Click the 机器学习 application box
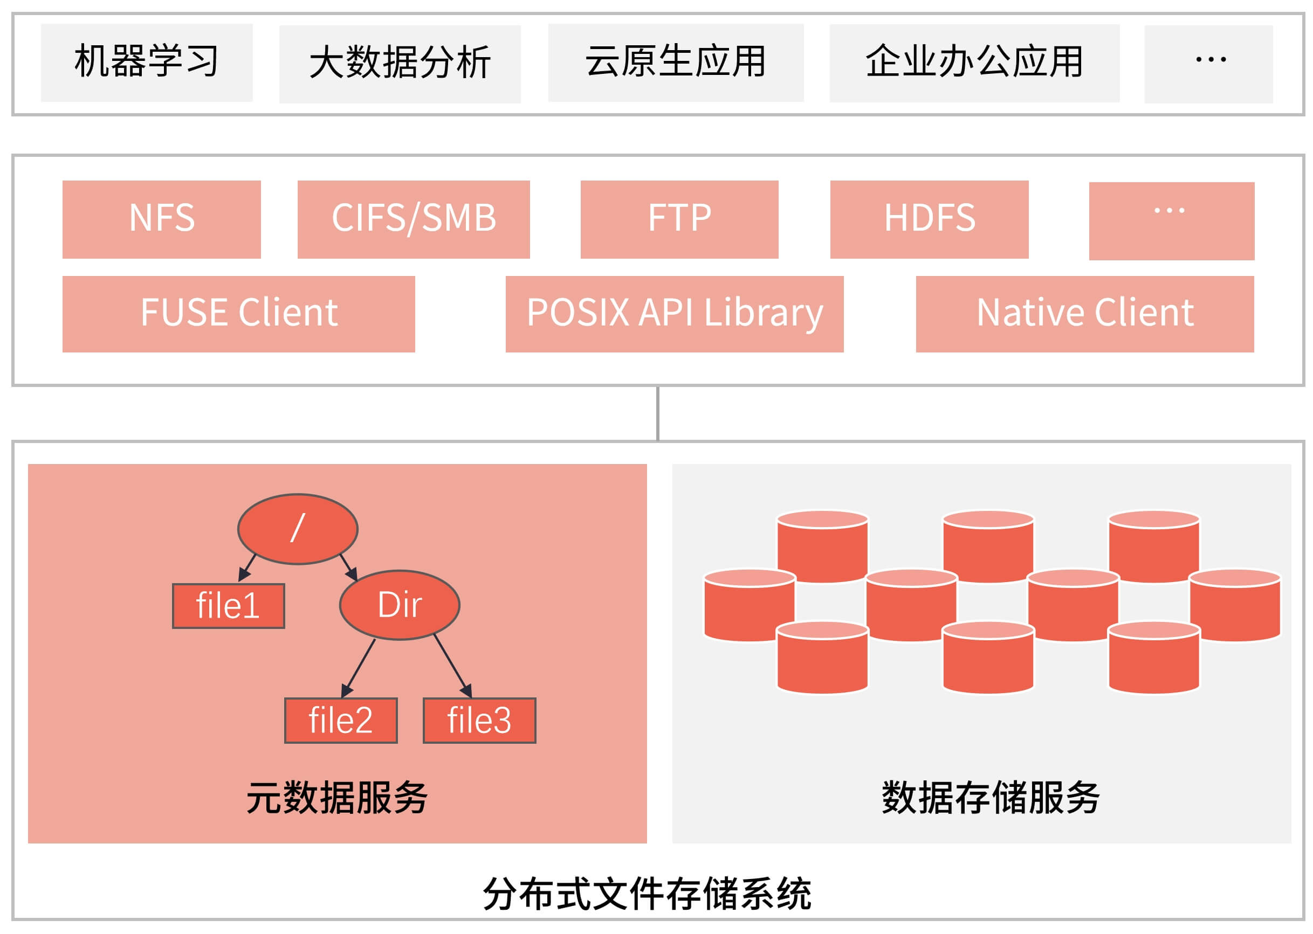pos(146,62)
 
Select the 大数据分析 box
pos(400,63)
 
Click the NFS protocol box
pos(161,219)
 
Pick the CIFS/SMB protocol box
pos(413,219)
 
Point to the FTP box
pos(679,219)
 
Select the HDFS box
pos(929,219)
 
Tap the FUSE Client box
pos(238,314)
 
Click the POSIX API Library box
pos(674,314)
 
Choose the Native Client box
pos(1084,314)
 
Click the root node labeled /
pos(298,529)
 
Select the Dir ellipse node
pos(400,605)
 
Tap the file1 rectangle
pos(228,606)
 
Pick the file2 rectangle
pos(341,720)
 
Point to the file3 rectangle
pos(479,720)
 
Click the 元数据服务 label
pos(336,798)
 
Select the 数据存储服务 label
pos(989,798)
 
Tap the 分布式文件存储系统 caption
pos(647,894)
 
